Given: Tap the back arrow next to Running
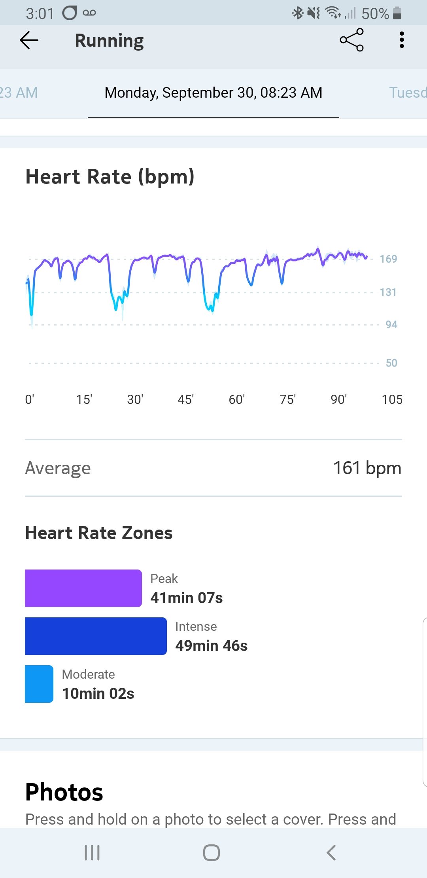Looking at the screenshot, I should coord(29,40).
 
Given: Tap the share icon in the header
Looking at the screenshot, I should coord(351,40).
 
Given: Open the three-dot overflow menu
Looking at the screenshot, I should coord(402,40).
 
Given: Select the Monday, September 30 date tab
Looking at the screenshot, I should coord(213,93).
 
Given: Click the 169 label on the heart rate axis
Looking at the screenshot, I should coord(388,259).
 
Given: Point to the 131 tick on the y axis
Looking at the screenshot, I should coord(388,292).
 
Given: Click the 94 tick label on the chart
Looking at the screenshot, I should coord(391,325).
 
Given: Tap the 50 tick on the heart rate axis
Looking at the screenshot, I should coord(391,363).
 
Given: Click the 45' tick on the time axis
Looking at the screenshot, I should coord(185,399).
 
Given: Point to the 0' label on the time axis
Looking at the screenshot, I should coord(30,399).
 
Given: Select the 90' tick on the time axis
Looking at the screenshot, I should coord(338,399).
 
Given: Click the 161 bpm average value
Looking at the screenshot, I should coord(367,468).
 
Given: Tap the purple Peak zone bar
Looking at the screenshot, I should coord(83,588).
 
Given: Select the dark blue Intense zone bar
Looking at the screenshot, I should coord(96,636).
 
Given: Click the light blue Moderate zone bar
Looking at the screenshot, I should coord(39,684).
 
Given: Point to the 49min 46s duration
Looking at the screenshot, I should coord(212,646).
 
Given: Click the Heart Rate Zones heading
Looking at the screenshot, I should coord(99,533).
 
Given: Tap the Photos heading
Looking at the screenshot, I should coord(64,792).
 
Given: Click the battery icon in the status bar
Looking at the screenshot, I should coord(397,13).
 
